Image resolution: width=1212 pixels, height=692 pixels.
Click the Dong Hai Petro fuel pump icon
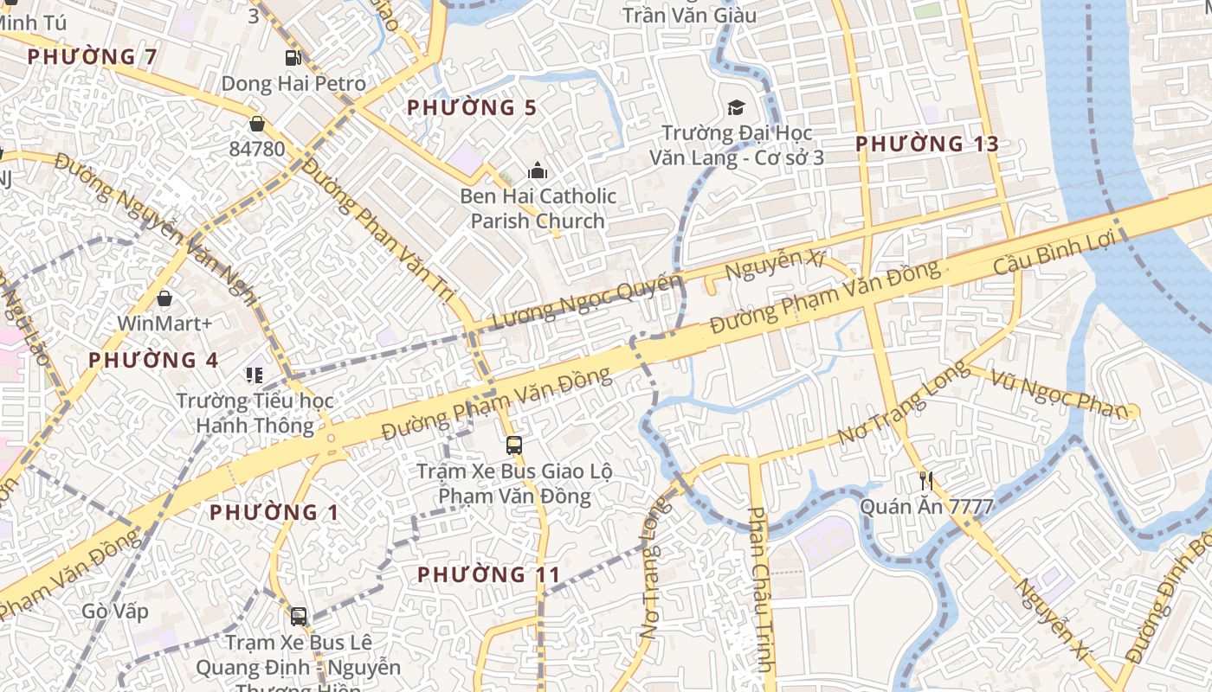point(293,58)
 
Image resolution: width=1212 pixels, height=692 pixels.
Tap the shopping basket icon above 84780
point(256,123)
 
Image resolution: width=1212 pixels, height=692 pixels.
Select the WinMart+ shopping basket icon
point(164,298)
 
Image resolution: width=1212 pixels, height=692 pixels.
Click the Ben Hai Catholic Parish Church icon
point(538,170)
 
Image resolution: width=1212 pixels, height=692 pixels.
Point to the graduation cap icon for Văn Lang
point(736,107)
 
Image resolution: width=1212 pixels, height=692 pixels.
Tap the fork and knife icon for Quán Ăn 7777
point(926,481)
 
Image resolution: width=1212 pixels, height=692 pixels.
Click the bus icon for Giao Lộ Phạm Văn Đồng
point(514,445)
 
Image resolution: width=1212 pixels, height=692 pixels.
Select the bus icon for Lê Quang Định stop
point(299,616)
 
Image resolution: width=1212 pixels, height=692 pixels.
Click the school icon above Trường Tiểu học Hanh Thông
point(255,375)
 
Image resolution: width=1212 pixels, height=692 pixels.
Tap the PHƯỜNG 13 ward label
point(927,144)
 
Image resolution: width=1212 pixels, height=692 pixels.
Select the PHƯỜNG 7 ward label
point(92,57)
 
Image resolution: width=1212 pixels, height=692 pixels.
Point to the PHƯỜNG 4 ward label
point(153,360)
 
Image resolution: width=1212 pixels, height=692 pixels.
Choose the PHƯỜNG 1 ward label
point(275,512)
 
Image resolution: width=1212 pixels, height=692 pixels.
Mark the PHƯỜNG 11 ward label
point(488,574)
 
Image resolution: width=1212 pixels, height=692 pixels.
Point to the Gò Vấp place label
point(115,612)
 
